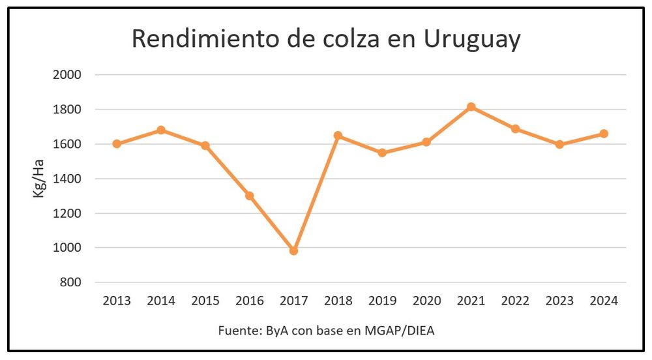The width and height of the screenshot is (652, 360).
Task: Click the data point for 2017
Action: (293, 250)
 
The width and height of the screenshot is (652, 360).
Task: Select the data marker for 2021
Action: (471, 107)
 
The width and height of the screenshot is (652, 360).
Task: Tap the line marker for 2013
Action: (117, 144)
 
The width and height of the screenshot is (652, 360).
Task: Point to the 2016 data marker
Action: (249, 196)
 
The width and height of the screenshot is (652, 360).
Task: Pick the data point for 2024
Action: (604, 134)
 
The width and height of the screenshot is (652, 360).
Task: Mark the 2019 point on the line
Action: (382, 153)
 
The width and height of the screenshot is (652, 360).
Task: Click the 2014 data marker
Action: (161, 130)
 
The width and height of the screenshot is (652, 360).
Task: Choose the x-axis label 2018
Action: (338, 301)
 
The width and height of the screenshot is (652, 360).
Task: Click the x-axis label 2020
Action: (426, 301)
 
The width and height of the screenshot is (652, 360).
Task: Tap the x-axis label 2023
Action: (559, 301)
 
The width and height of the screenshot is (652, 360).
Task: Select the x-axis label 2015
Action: (205, 301)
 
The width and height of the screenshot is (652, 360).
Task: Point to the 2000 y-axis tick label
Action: (67, 75)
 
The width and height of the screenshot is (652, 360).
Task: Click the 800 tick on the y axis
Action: (70, 282)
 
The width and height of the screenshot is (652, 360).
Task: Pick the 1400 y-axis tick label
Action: (67, 179)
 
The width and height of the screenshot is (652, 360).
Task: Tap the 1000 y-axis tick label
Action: (67, 248)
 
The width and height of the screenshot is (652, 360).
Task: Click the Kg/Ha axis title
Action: (40, 179)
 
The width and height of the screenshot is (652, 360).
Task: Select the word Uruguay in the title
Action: (472, 39)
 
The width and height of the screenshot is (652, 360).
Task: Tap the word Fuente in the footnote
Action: (237, 331)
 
